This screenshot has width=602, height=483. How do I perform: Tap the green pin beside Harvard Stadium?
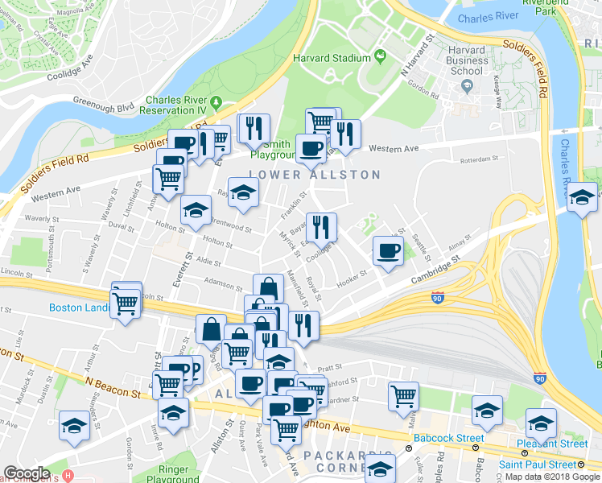[x=379, y=57]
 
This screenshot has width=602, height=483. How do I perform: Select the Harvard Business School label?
[x=467, y=60]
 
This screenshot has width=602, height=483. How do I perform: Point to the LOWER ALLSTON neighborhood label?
[x=315, y=175]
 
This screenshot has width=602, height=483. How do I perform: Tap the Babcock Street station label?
[x=441, y=438]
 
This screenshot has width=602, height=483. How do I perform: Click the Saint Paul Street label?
[x=537, y=464]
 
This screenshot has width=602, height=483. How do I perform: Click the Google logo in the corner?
[x=27, y=473]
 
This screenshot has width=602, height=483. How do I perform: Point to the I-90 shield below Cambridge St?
[x=438, y=298]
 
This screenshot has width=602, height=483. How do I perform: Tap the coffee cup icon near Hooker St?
[x=388, y=250]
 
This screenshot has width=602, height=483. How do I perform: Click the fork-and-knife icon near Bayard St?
[x=321, y=228]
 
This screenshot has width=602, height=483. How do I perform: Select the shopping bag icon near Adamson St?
[x=268, y=288]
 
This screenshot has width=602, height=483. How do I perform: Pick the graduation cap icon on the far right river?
[x=582, y=197]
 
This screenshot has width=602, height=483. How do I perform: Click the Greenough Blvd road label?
[x=103, y=105]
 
